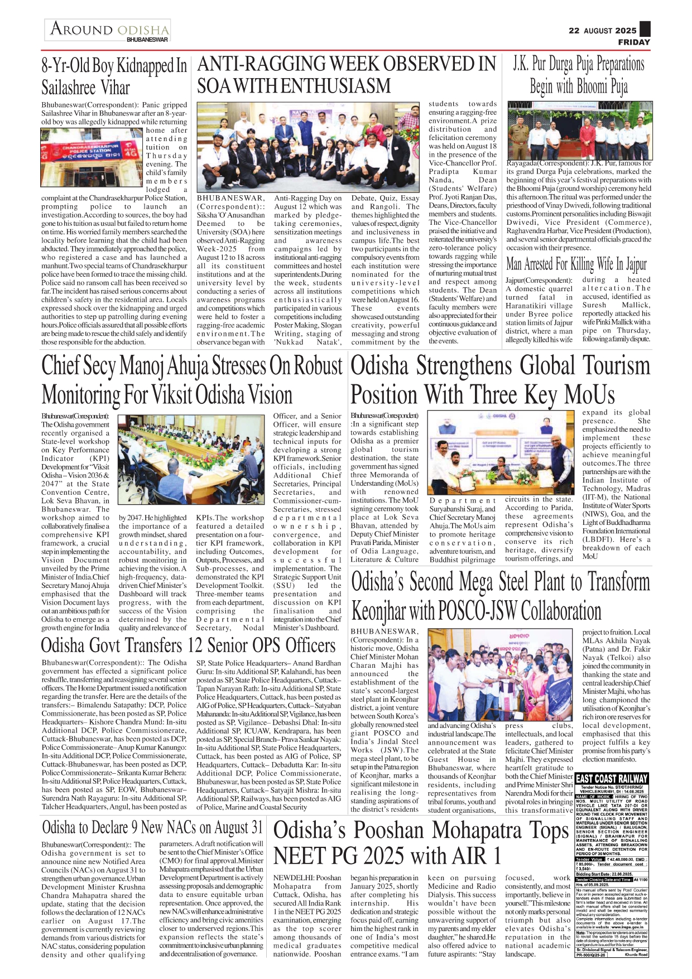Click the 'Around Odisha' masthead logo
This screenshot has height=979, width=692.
click(109, 29)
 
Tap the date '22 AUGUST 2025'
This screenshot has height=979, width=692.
click(602, 31)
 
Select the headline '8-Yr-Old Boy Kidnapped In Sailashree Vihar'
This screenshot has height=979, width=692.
click(114, 76)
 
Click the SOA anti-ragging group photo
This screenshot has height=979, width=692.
click(307, 146)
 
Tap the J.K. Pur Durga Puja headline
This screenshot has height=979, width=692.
click(579, 75)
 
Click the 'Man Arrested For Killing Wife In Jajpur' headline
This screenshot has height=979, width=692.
click(576, 263)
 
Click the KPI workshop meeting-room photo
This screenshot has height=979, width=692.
click(191, 460)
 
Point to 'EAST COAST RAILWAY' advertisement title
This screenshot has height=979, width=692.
click(612, 779)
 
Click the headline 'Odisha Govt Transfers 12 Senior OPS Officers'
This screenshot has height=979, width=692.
click(188, 645)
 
